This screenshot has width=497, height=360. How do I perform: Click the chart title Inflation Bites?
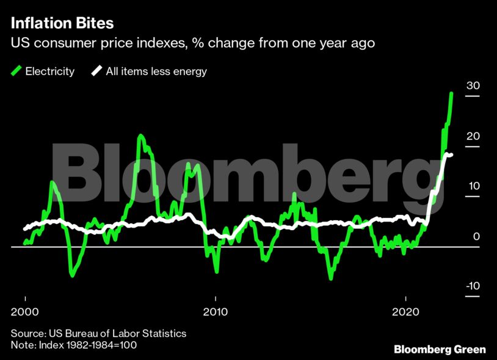tap(62, 24)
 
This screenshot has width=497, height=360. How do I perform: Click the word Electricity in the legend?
tap(49, 71)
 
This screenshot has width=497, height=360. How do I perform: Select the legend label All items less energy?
tap(156, 71)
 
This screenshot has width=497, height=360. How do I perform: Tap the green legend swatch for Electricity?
tap(16, 71)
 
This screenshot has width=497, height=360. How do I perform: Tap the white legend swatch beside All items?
tap(97, 71)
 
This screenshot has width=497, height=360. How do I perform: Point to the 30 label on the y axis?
tap(473, 86)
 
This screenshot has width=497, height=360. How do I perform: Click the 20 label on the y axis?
tap(473, 137)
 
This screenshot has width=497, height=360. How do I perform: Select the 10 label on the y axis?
tap(473, 187)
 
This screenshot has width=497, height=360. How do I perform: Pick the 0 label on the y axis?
tap(476, 237)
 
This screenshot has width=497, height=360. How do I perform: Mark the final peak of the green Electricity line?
tap(451, 93)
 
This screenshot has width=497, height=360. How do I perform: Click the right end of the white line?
tap(451, 154)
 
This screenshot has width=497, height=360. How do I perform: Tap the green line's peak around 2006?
tap(140, 136)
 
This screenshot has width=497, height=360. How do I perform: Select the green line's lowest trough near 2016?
tap(331, 278)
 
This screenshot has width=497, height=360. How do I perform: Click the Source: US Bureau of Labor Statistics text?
tap(98, 334)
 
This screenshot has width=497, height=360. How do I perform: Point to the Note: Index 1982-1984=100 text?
tap(73, 345)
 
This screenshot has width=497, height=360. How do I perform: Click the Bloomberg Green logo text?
tap(440, 349)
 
